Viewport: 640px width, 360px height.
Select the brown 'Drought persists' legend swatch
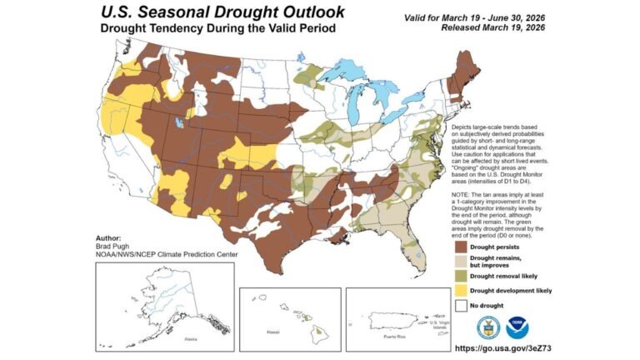461,247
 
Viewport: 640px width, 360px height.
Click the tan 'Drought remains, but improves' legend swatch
461,262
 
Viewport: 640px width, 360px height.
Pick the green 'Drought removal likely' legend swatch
461,276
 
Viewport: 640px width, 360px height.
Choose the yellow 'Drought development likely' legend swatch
461,291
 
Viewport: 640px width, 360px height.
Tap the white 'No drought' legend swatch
461,306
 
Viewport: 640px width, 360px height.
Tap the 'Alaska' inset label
192,339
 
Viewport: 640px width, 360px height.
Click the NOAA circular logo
518,327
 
